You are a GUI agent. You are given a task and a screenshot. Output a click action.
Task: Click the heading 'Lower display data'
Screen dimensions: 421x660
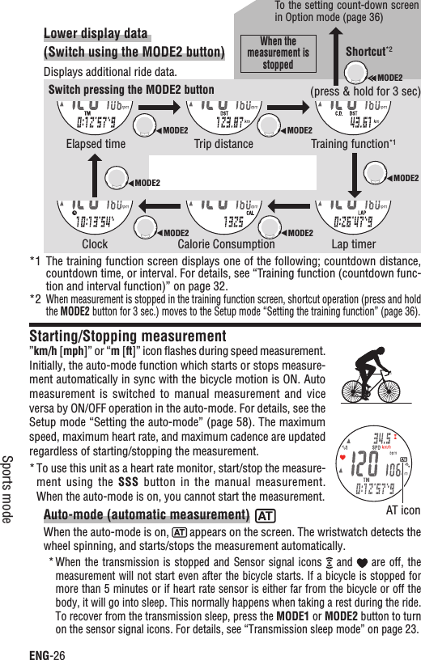pyautogui.click(x=96, y=33)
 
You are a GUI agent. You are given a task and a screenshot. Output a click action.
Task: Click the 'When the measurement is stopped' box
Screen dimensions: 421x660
pyautogui.click(x=278, y=53)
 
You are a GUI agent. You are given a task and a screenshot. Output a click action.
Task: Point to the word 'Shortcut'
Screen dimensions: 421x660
pyautogui.click(x=364, y=52)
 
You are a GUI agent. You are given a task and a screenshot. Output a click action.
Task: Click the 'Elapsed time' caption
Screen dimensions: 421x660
pyautogui.click(x=95, y=145)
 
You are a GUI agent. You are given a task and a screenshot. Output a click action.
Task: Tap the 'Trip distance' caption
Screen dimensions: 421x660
pyautogui.click(x=223, y=145)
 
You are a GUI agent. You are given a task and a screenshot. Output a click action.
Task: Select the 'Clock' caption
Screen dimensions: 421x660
pyautogui.click(x=95, y=243)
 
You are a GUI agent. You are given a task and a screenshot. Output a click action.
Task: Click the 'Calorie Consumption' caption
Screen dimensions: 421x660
pyautogui.click(x=226, y=243)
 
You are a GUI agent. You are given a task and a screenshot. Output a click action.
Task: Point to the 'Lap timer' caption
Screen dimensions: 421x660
pyautogui.click(x=355, y=243)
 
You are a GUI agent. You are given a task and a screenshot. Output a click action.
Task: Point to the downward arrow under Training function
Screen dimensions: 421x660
pyautogui.click(x=357, y=171)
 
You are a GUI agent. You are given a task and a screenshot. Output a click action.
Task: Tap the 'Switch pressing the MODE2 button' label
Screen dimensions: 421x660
pyautogui.click(x=132, y=90)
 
